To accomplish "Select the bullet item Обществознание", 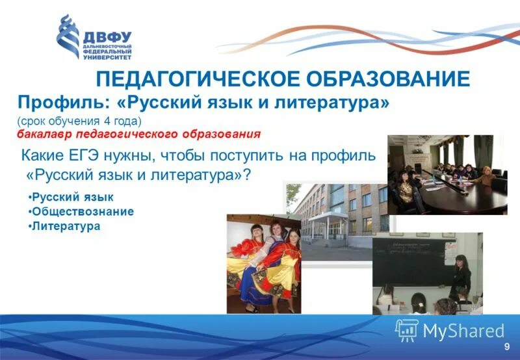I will tap(83, 211).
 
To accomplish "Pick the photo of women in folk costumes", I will tap(263, 263).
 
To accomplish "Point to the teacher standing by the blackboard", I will tap(462, 276).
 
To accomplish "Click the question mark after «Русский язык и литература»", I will tap(247, 175).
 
